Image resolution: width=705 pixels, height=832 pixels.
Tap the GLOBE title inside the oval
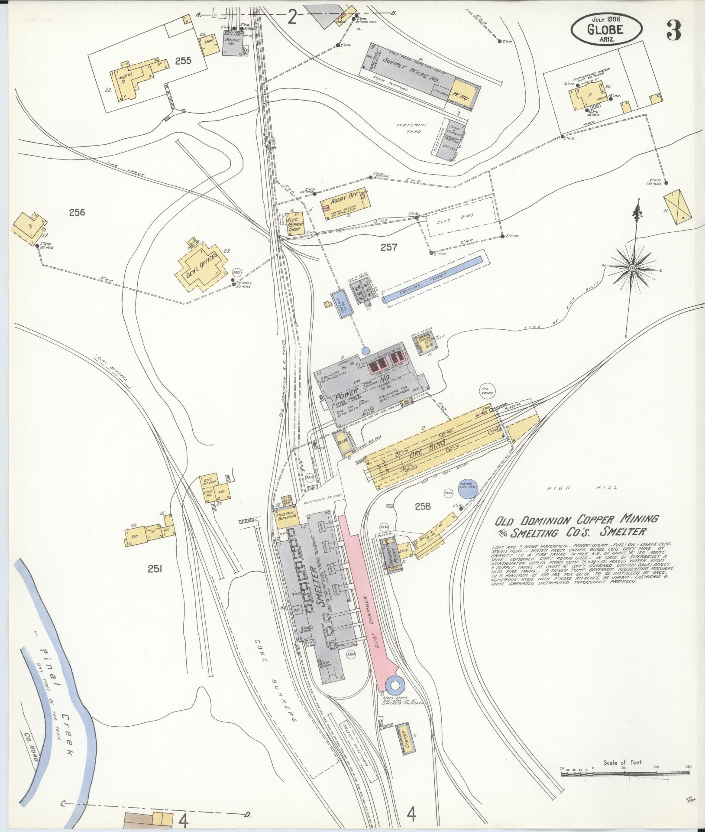click(x=605, y=29)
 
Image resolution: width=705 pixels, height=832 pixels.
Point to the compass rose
click(x=632, y=269)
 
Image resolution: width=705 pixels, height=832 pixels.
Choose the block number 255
click(x=183, y=61)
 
